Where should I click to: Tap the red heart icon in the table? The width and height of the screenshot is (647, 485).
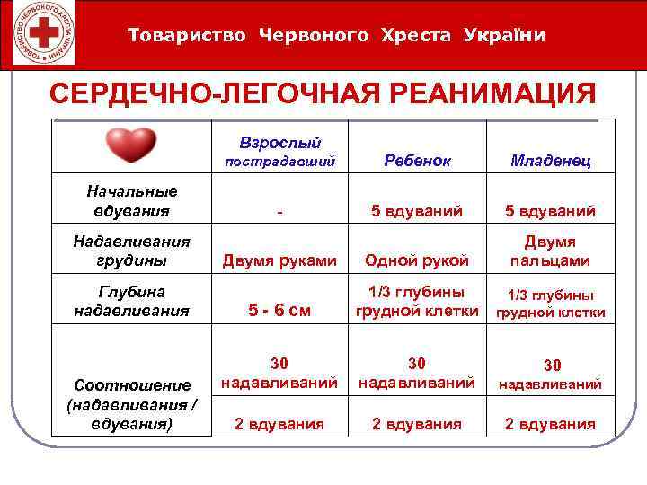(x=131, y=145)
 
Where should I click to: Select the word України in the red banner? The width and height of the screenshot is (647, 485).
(x=505, y=35)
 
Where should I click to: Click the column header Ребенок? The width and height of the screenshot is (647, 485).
(x=417, y=160)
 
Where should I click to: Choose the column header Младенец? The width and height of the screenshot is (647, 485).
(x=550, y=160)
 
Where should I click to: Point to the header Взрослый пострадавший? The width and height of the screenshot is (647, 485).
(x=279, y=152)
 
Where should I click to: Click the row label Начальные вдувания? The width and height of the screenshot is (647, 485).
(x=131, y=201)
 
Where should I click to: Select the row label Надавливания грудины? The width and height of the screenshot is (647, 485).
(x=131, y=251)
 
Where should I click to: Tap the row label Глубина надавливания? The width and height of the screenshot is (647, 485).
(x=131, y=301)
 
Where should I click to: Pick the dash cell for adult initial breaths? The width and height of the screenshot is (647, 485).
(x=280, y=212)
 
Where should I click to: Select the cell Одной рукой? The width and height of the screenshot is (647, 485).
(x=417, y=260)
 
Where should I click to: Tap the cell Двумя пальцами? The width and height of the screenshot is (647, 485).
(x=550, y=251)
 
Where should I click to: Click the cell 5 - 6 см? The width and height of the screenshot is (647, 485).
(x=279, y=311)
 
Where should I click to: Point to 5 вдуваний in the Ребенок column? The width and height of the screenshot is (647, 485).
(x=417, y=212)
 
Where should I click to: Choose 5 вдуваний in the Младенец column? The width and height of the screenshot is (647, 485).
(x=550, y=212)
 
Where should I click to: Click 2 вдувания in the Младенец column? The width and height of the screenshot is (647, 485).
(x=550, y=424)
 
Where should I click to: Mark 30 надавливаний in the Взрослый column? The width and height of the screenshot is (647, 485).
(x=279, y=373)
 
